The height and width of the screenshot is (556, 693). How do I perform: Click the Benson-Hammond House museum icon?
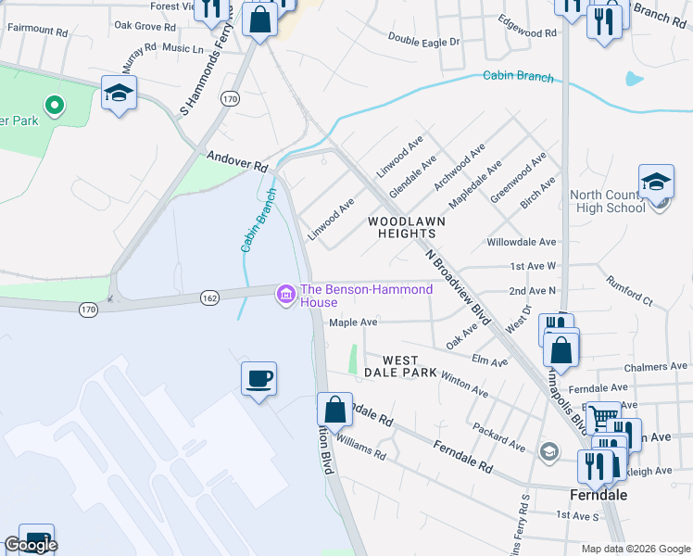286,296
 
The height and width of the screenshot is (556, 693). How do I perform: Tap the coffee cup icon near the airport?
258,378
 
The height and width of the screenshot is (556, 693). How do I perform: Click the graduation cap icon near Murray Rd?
120,93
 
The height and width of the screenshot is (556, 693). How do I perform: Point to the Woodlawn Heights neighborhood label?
407,228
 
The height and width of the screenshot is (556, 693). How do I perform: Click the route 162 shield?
208,297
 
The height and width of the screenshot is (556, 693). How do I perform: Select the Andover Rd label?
237,162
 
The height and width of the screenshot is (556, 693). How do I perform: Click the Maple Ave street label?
354,322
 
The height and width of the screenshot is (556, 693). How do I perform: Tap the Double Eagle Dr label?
424,40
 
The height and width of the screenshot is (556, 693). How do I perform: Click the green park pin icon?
55,107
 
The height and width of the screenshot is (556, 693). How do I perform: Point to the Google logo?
31,545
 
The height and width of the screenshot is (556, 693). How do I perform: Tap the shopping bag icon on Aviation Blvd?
334,409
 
